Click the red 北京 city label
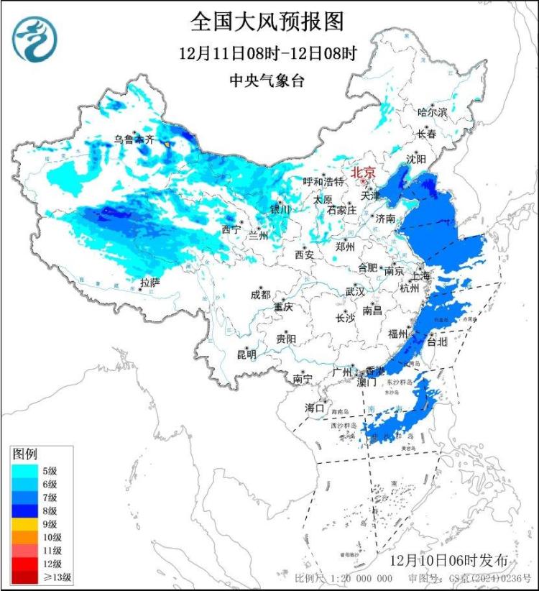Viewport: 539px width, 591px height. tap(363, 173)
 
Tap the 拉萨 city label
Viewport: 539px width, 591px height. tap(150, 283)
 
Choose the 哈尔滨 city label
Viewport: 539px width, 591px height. tap(433, 112)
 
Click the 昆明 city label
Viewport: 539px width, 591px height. tap(247, 354)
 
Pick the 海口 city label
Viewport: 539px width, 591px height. tap(315, 408)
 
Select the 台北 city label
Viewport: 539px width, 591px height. tap(437, 342)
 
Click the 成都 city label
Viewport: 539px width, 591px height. tap(260, 294)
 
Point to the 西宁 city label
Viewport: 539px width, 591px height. tap(231, 229)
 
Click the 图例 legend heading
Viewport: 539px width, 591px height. tap(25, 454)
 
